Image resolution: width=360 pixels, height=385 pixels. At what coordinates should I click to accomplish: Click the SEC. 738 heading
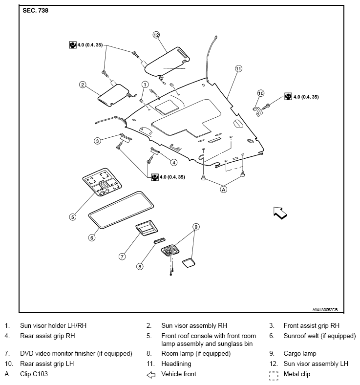[x=36, y=10]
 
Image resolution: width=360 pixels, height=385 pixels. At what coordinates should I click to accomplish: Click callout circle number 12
[x=156, y=35]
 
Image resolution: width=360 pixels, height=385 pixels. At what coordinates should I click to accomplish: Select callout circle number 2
[x=83, y=85]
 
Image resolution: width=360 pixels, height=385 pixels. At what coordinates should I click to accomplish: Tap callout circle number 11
[x=238, y=69]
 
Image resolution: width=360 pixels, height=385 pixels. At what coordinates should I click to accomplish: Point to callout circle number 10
[x=261, y=93]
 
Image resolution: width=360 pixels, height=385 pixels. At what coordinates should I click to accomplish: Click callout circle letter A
[x=224, y=190]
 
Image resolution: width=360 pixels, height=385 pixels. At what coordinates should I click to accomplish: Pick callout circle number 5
[x=72, y=216]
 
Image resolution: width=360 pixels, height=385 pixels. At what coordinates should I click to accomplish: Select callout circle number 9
[x=196, y=227]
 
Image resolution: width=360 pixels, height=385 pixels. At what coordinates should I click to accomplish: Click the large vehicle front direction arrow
[x=280, y=213]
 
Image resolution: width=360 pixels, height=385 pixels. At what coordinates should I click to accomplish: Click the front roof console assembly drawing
[x=103, y=184]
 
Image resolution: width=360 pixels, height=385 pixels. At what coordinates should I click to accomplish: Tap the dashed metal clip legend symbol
[x=274, y=375]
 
